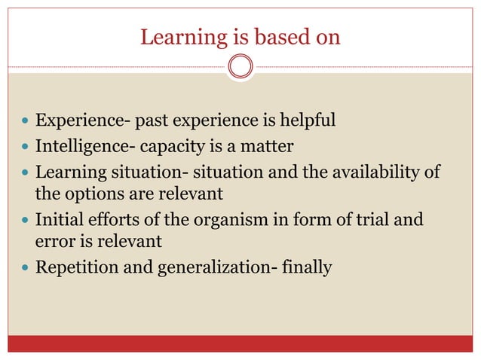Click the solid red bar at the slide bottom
[x=240, y=344]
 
